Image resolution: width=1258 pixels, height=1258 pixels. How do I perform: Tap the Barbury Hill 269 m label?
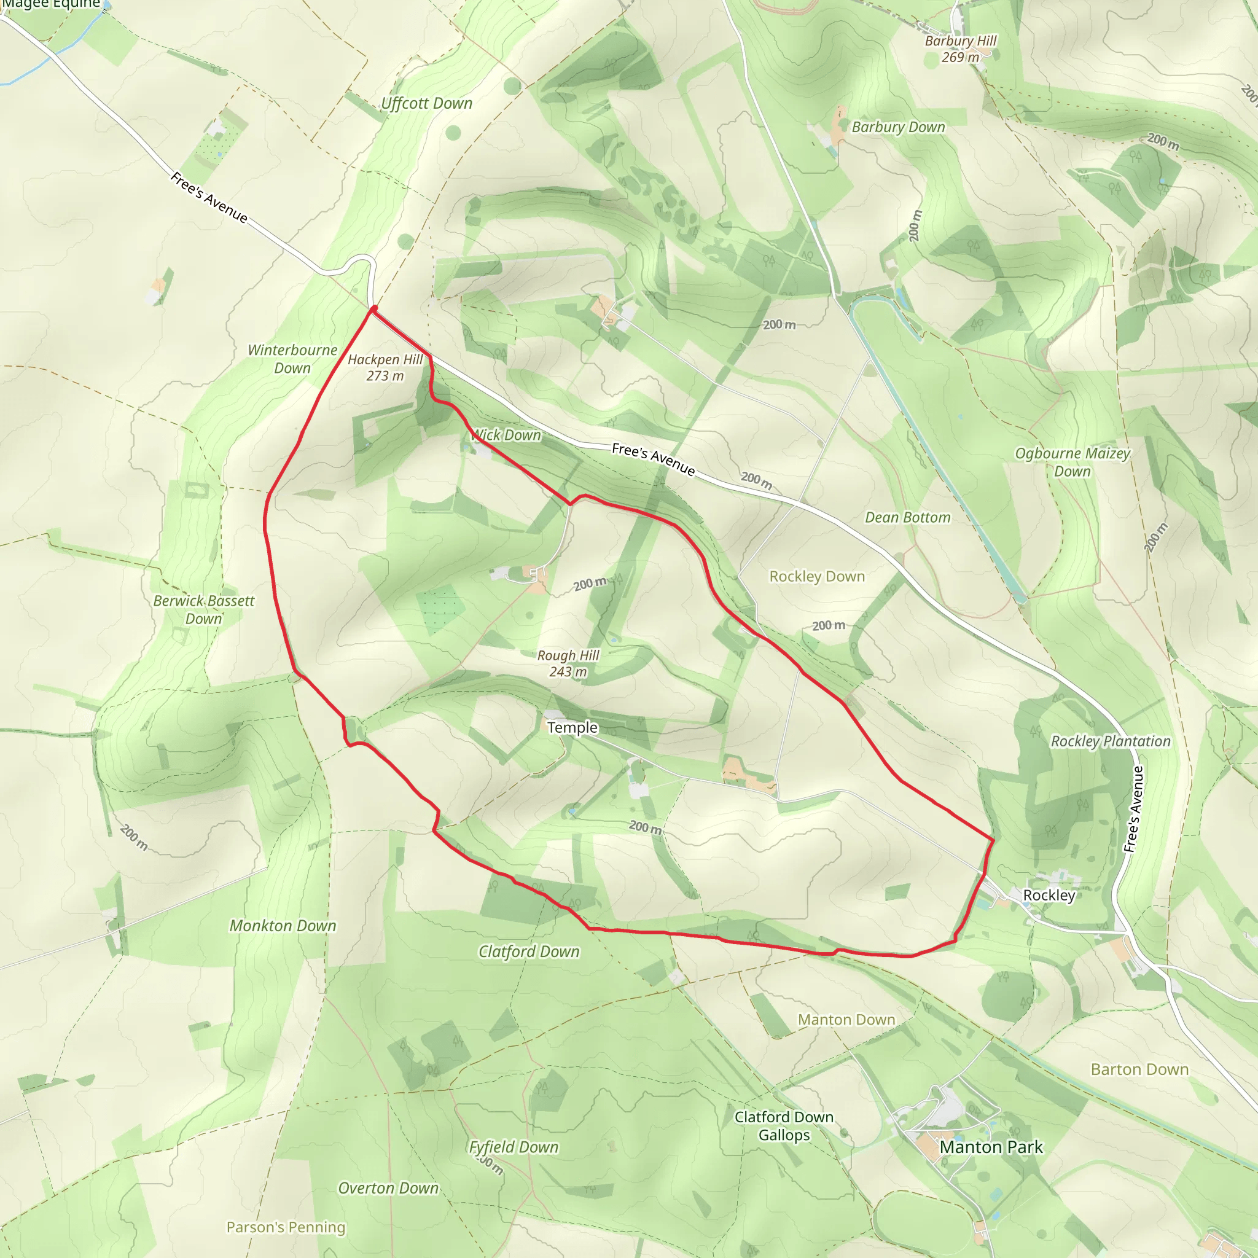pos(961,49)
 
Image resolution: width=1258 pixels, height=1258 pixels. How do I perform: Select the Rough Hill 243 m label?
pos(568,663)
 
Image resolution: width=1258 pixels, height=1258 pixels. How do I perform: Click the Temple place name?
pos(572,727)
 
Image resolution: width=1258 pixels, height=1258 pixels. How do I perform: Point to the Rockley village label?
pos(1049,896)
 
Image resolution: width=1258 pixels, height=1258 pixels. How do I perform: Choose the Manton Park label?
pos(990,1147)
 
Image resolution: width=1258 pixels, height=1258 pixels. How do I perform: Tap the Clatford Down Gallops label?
pos(784,1126)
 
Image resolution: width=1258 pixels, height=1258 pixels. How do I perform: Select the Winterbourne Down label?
pos(292,359)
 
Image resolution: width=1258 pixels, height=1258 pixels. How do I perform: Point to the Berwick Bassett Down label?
pos(204,609)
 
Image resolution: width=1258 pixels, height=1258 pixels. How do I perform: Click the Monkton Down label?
pos(283,926)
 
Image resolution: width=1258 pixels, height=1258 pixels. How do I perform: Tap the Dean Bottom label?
pos(907,518)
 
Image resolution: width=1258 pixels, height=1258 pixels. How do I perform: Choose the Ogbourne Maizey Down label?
pos(1072,463)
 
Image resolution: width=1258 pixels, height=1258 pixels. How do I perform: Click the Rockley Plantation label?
pos(1110,741)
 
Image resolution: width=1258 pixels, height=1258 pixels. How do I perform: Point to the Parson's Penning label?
pos(285,1227)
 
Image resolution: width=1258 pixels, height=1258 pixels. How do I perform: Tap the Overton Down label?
pos(388,1189)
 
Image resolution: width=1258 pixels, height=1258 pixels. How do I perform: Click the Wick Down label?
pos(506,435)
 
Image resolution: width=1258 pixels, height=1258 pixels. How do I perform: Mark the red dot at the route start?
pos(373,308)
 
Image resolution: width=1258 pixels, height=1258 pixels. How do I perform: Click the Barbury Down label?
pos(898,127)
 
